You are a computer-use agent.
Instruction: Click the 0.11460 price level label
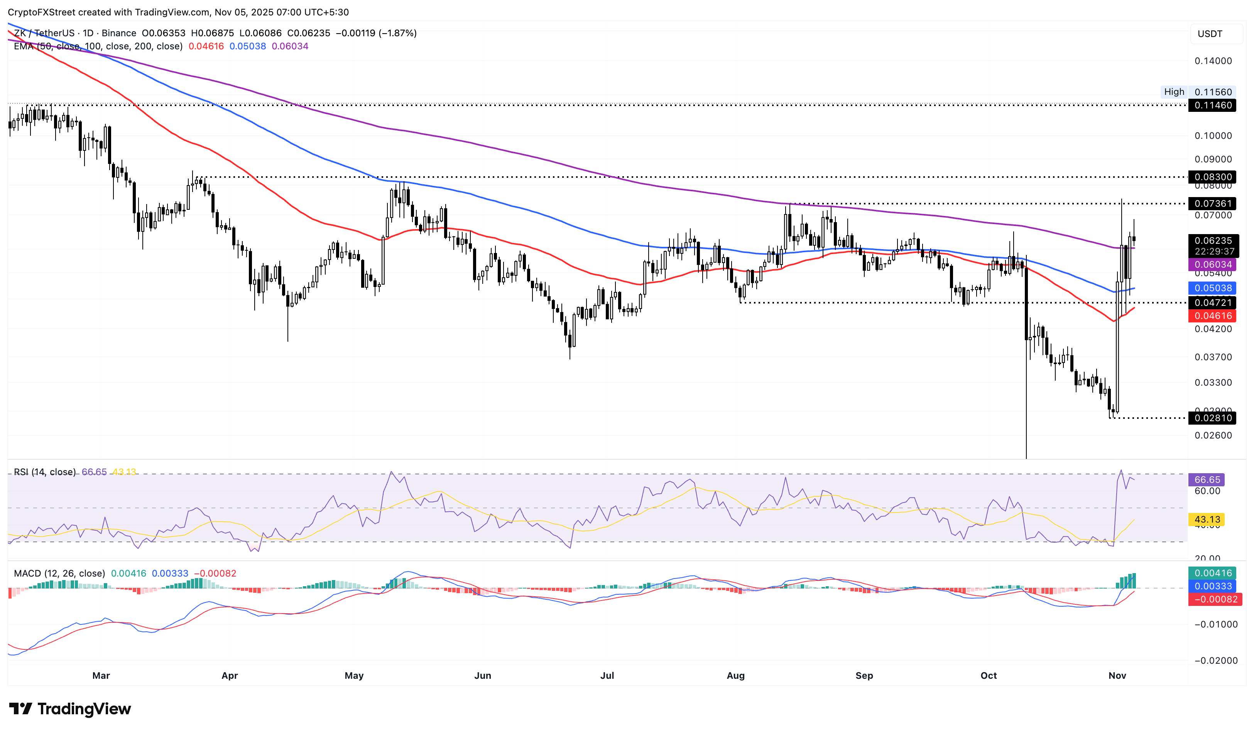tap(1212, 105)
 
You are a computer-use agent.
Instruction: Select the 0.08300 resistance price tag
tap(1212, 177)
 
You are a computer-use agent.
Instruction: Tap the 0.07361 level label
tap(1212, 203)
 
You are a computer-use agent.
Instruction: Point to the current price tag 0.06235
tap(1212, 241)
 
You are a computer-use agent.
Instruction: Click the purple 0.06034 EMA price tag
tap(1212, 265)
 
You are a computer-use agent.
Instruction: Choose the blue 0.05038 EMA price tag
tap(1212, 288)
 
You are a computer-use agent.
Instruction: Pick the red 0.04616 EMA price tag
tap(1212, 316)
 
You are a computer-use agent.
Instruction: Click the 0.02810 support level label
tap(1212, 418)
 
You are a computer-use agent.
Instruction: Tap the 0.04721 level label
tap(1212, 303)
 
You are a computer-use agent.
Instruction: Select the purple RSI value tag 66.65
tap(1207, 480)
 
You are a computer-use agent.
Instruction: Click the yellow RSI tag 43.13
tap(1207, 519)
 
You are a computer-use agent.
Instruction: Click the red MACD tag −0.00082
tap(1212, 600)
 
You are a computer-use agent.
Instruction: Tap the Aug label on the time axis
tap(735, 676)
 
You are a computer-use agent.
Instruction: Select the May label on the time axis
tap(354, 676)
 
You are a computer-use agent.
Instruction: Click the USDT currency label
tap(1210, 34)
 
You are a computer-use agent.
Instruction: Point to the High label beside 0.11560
tap(1174, 92)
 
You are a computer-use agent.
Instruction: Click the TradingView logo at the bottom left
tap(70, 708)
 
